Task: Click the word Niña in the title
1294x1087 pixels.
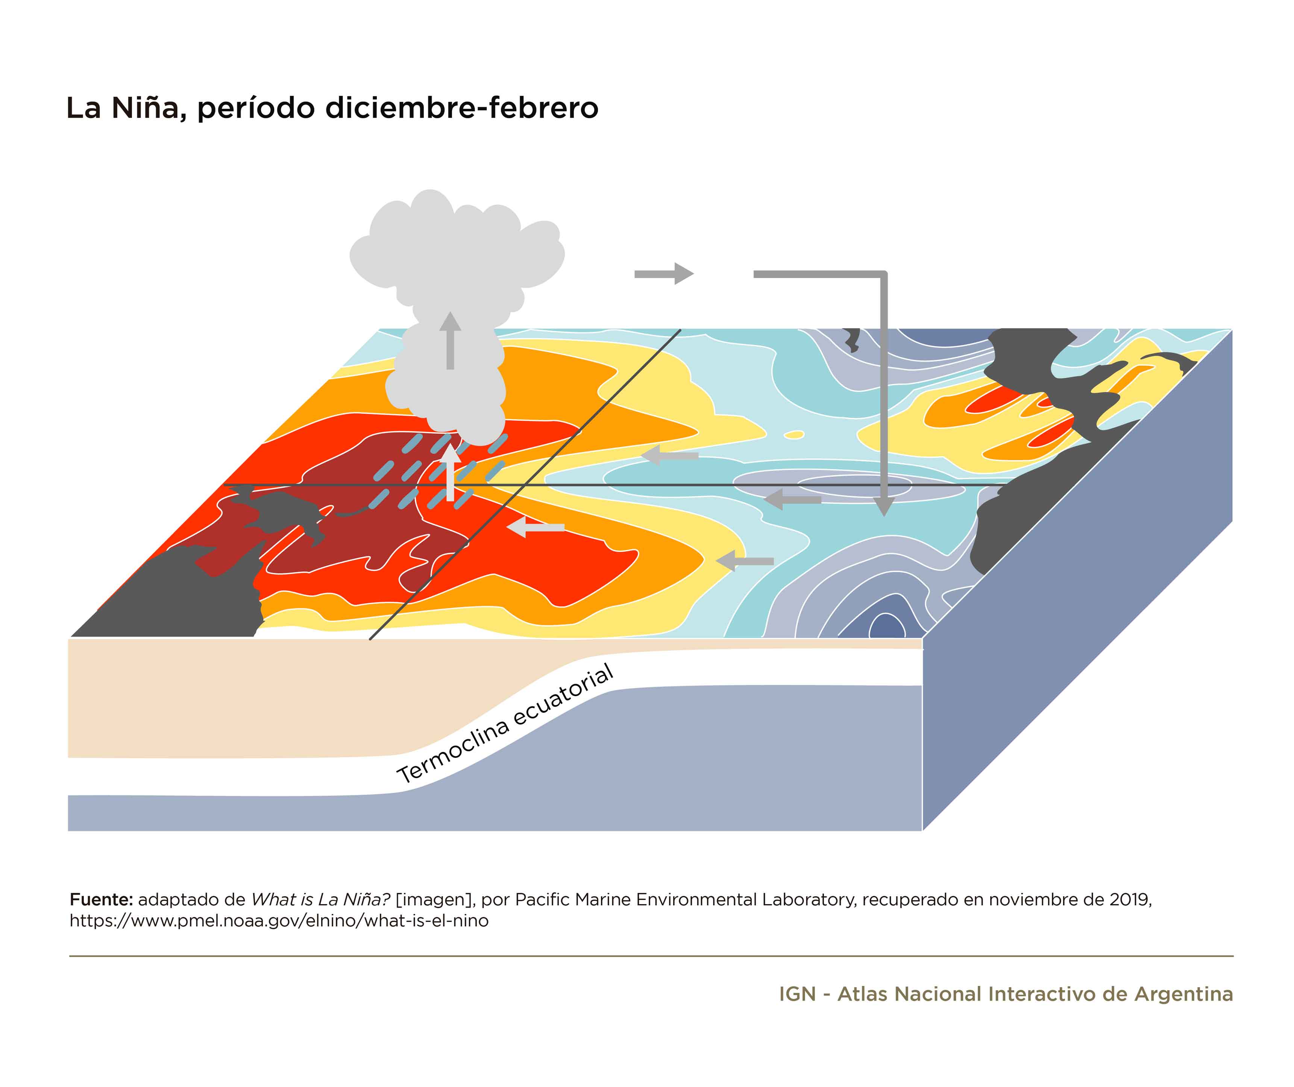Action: [146, 108]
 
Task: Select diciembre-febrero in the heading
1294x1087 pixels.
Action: [461, 108]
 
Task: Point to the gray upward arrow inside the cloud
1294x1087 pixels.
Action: [451, 341]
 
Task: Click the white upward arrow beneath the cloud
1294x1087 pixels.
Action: [451, 472]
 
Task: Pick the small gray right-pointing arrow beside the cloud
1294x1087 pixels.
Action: [664, 274]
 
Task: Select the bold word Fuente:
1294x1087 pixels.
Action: [101, 900]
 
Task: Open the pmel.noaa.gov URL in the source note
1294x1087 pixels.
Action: [279, 921]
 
